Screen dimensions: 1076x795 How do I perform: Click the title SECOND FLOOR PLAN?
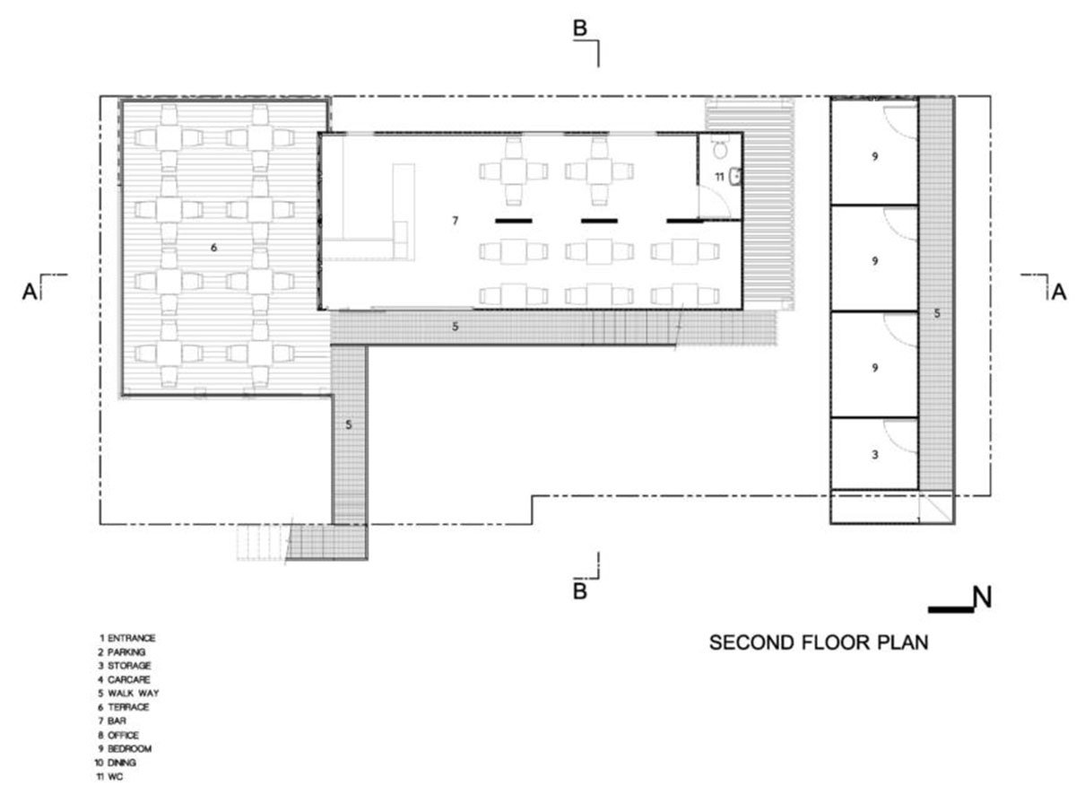click(x=819, y=642)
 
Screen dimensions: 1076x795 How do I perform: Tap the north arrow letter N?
click(x=982, y=598)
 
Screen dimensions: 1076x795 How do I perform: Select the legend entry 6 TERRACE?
click(x=124, y=707)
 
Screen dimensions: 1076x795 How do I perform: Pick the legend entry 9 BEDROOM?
click(x=125, y=749)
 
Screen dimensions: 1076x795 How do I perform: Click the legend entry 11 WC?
click(x=109, y=776)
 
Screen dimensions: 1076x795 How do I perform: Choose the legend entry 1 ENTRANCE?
click(x=127, y=638)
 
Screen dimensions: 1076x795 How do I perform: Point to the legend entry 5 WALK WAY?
click(x=128, y=693)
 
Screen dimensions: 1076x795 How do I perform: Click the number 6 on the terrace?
click(x=213, y=248)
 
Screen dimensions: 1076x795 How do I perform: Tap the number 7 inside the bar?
click(x=455, y=221)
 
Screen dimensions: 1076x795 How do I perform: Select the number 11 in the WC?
click(x=719, y=177)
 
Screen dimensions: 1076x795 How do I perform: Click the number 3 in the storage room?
click(x=874, y=455)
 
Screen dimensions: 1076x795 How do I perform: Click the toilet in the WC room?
click(x=719, y=148)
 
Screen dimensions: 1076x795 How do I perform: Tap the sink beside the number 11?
click(x=736, y=177)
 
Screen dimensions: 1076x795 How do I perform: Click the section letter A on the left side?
click(x=30, y=292)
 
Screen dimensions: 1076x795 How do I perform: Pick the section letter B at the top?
click(x=580, y=28)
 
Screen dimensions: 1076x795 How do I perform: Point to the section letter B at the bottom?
click(x=580, y=591)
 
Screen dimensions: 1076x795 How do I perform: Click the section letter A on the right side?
click(x=1059, y=292)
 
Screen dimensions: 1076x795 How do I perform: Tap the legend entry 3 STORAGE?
click(x=125, y=665)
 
